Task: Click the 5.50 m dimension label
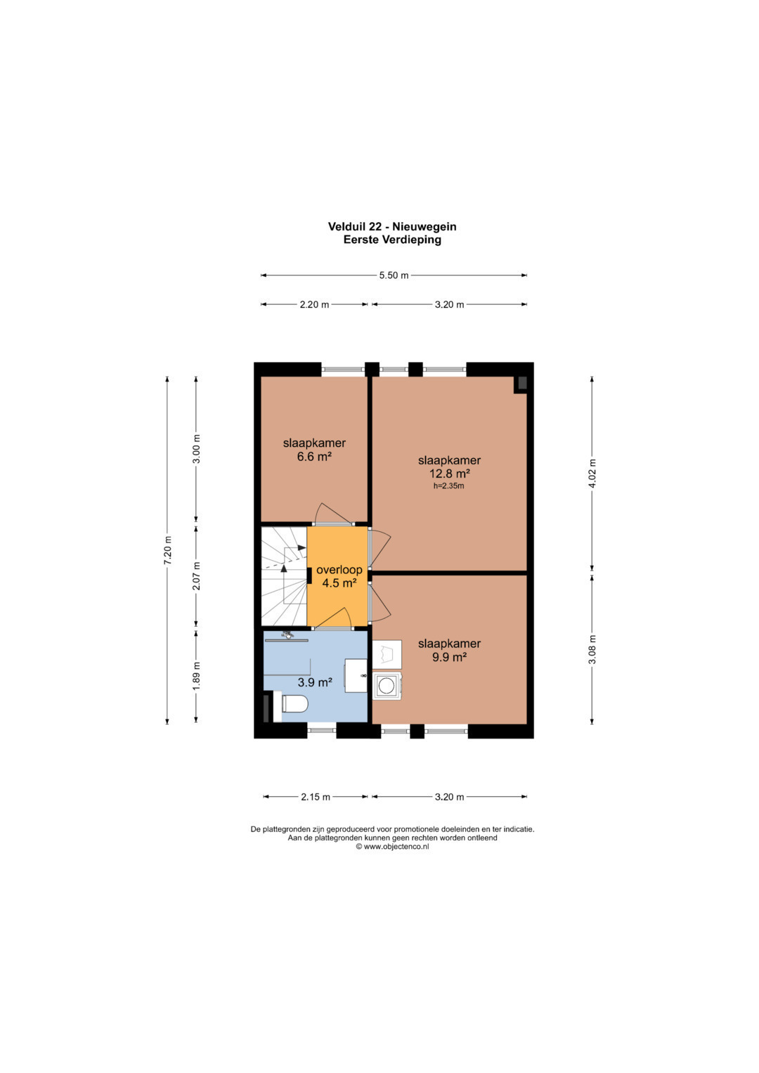pyautogui.click(x=394, y=275)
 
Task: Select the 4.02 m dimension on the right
pyautogui.click(x=592, y=474)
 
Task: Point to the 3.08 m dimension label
pyautogui.click(x=592, y=650)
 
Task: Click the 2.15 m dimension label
pyautogui.click(x=316, y=797)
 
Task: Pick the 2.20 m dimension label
pyautogui.click(x=314, y=305)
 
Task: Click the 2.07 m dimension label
pyautogui.click(x=196, y=575)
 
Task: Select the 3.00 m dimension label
pyautogui.click(x=196, y=449)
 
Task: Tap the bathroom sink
pyautogui.click(x=356, y=675)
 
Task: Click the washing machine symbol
pyautogui.click(x=387, y=687)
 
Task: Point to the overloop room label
pyautogui.click(x=339, y=570)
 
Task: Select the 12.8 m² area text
pyautogui.click(x=449, y=474)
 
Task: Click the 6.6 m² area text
pyautogui.click(x=314, y=457)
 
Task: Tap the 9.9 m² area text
pyautogui.click(x=450, y=657)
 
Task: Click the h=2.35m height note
pyautogui.click(x=449, y=486)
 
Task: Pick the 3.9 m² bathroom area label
pyautogui.click(x=315, y=682)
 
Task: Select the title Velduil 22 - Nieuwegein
pyautogui.click(x=392, y=226)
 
